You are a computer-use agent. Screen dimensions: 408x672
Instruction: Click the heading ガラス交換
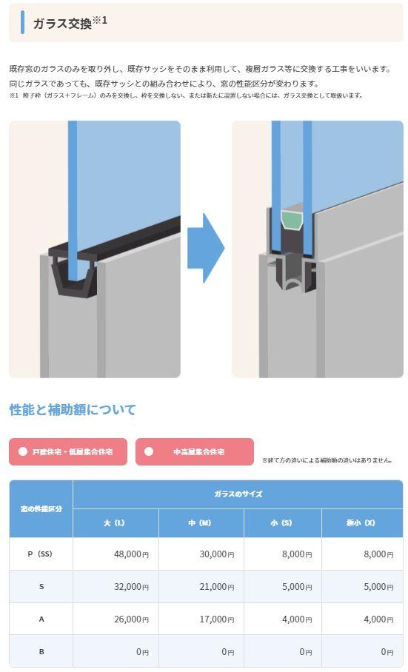point(63,23)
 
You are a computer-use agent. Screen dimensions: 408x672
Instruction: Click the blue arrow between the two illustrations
point(206,248)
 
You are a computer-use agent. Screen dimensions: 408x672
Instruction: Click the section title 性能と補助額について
point(73,410)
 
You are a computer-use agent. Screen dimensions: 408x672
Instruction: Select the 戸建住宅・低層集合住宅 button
point(68,451)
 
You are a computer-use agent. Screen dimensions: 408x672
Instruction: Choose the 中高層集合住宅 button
point(195,451)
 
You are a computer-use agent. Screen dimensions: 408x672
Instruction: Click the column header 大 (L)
point(116,523)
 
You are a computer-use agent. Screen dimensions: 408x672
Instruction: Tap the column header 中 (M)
point(201,523)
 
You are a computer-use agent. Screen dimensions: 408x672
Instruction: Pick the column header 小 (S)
point(282,523)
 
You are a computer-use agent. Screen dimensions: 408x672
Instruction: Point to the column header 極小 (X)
point(362,523)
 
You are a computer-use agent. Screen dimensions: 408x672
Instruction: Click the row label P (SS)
point(40,554)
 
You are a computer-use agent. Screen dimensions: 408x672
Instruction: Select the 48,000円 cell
point(131,554)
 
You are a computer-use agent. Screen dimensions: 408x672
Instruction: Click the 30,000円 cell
point(216,554)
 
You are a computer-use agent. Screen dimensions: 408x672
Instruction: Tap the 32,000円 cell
point(131,587)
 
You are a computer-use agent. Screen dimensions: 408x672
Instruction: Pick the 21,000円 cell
point(216,587)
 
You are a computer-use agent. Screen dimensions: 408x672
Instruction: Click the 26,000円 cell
point(131,619)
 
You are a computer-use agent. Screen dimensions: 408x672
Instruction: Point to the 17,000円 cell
point(216,619)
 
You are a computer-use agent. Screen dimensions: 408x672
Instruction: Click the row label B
point(41,651)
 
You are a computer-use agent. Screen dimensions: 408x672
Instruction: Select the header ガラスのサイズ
point(238,494)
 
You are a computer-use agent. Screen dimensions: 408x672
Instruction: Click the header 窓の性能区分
point(41,508)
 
